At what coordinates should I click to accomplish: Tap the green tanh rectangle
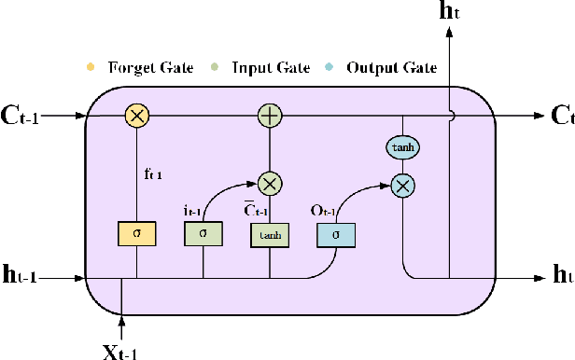tap(269, 236)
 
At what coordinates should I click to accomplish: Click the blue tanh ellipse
tap(402, 146)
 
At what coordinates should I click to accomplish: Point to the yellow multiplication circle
tap(137, 116)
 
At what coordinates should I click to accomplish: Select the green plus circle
tap(270, 116)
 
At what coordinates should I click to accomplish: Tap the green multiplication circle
tap(270, 183)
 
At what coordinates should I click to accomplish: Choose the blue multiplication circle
tap(402, 186)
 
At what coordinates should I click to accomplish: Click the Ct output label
tap(561, 117)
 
